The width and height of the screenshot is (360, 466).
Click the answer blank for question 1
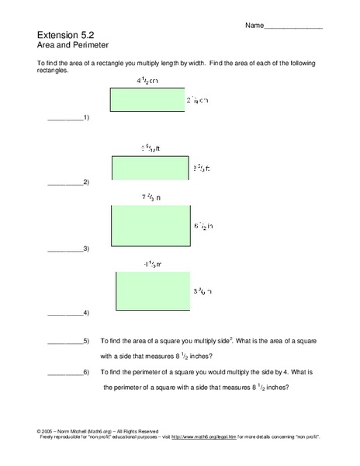[x=65, y=119]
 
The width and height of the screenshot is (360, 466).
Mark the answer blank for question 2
[x=65, y=184]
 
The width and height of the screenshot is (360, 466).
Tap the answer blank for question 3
[x=65, y=251]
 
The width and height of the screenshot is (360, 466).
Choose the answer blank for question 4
[x=65, y=315]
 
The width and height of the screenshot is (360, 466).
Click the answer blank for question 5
[x=65, y=343]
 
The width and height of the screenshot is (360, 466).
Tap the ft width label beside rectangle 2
[x=201, y=168]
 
